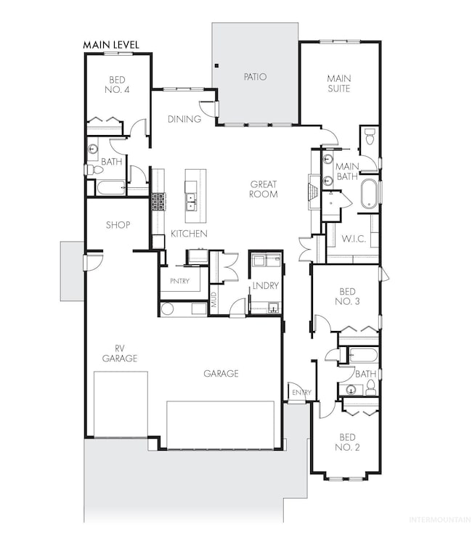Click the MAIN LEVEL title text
pyautogui.click(x=111, y=45)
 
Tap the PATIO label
pyautogui.click(x=255, y=76)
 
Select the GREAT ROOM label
pyautogui.click(x=264, y=189)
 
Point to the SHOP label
pyautogui.click(x=118, y=225)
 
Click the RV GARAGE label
pyautogui.click(x=120, y=353)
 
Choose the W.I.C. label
pyautogui.click(x=354, y=239)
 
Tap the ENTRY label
pyautogui.click(x=301, y=393)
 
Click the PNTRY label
pyautogui.click(x=179, y=281)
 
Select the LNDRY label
pyautogui.click(x=265, y=286)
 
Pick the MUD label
pyautogui.click(x=214, y=300)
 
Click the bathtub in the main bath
pyautogui.click(x=369, y=194)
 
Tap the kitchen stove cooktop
pyautogui.click(x=158, y=202)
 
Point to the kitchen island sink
pyautogui.click(x=190, y=203)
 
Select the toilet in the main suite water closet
pyautogui.click(x=369, y=136)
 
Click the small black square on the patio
pyautogui.click(x=217, y=65)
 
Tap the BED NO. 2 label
pyautogui.click(x=347, y=442)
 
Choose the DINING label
pyautogui.click(x=184, y=119)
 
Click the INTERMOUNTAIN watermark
pyautogui.click(x=440, y=520)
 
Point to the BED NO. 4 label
pyautogui.click(x=117, y=85)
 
